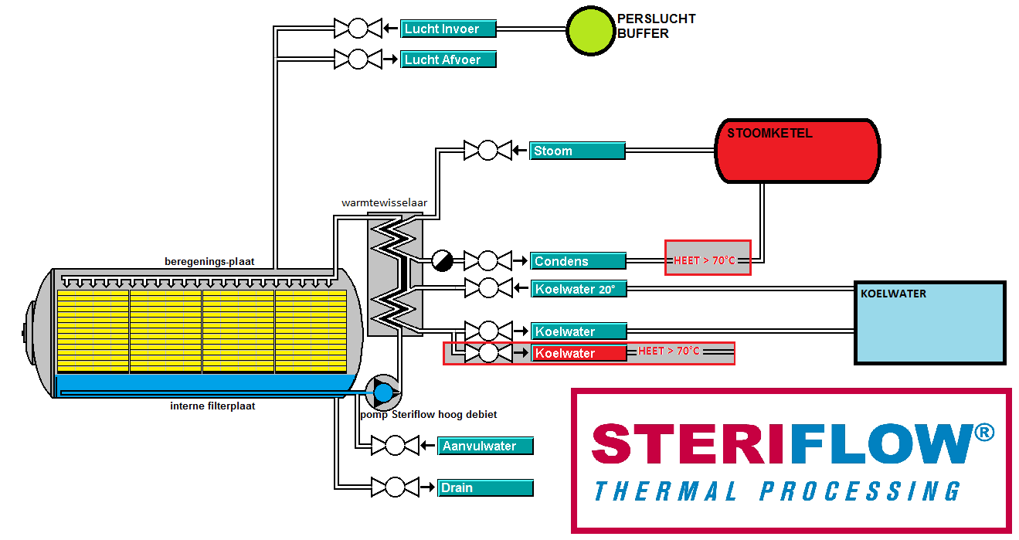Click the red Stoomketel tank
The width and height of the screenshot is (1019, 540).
[798, 151]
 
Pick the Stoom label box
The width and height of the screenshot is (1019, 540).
[577, 151]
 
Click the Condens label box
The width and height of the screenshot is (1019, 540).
[578, 261]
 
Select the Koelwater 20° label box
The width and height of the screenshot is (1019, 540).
[578, 290]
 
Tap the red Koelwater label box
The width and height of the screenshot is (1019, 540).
[578, 353]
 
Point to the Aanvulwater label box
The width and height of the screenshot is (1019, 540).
[485, 446]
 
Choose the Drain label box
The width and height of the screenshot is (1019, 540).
[485, 487]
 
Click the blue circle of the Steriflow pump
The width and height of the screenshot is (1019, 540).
[383, 393]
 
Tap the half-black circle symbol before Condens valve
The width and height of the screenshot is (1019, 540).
[442, 261]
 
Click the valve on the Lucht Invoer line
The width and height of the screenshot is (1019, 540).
[358, 29]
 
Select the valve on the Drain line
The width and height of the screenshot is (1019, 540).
[395, 487]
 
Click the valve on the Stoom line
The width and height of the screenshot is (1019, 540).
[487, 151]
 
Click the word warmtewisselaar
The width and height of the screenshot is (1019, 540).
[384, 203]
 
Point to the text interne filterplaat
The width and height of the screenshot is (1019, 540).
[212, 406]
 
